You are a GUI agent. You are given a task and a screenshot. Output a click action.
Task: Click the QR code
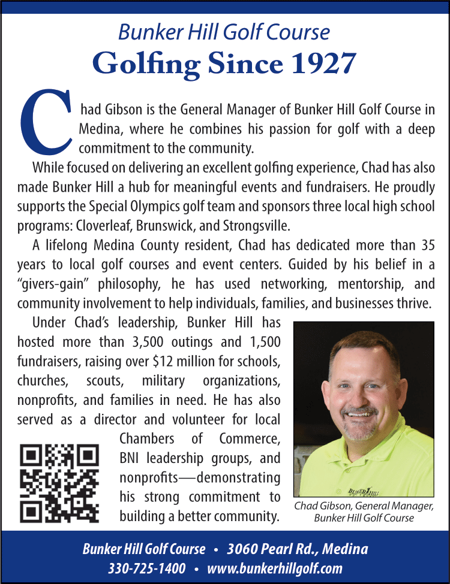click(60, 484)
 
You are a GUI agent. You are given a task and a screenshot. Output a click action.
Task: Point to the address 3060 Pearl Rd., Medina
click(298, 549)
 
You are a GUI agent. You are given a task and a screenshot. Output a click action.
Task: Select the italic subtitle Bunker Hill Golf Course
click(224, 32)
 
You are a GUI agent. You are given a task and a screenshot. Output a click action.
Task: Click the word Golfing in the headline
click(146, 63)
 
